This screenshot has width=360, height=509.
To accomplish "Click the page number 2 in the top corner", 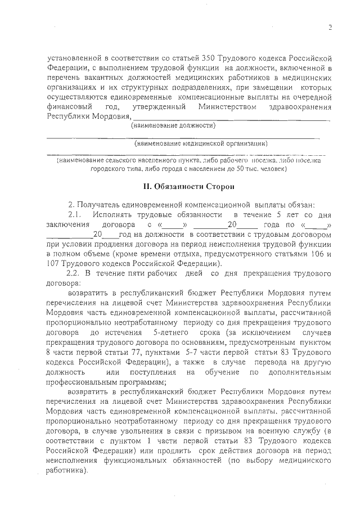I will [x=331, y=26].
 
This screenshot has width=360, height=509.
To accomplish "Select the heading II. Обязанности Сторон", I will [x=180, y=186].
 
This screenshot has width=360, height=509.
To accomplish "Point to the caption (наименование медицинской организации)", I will [x=200, y=143].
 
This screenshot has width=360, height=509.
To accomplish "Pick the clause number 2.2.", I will [x=75, y=273].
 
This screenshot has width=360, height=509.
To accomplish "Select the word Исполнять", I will [x=115, y=215].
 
